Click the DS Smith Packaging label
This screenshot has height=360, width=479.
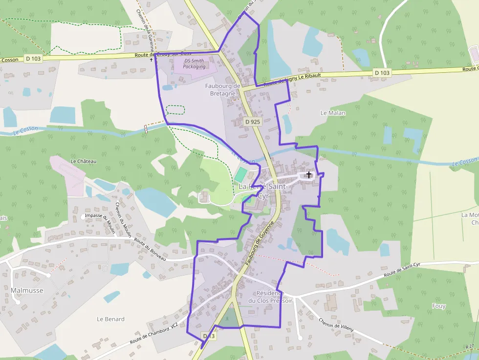195,64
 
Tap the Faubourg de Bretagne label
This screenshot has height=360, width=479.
222,89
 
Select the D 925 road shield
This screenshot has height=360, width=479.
252,121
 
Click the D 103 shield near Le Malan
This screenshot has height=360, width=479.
382,73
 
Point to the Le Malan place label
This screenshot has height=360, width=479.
333,113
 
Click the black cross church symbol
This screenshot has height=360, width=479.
309,174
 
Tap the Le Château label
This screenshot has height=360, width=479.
84,161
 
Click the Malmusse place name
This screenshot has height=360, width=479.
27,291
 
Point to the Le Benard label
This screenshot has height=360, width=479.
110,319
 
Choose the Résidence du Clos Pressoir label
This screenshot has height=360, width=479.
270,297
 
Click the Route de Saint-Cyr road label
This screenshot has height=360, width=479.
402,270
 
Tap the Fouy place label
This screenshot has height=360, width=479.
439,306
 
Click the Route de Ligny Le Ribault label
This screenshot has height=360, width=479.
292,80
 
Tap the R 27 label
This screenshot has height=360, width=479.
470,346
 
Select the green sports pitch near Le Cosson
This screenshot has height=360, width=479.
240,173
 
